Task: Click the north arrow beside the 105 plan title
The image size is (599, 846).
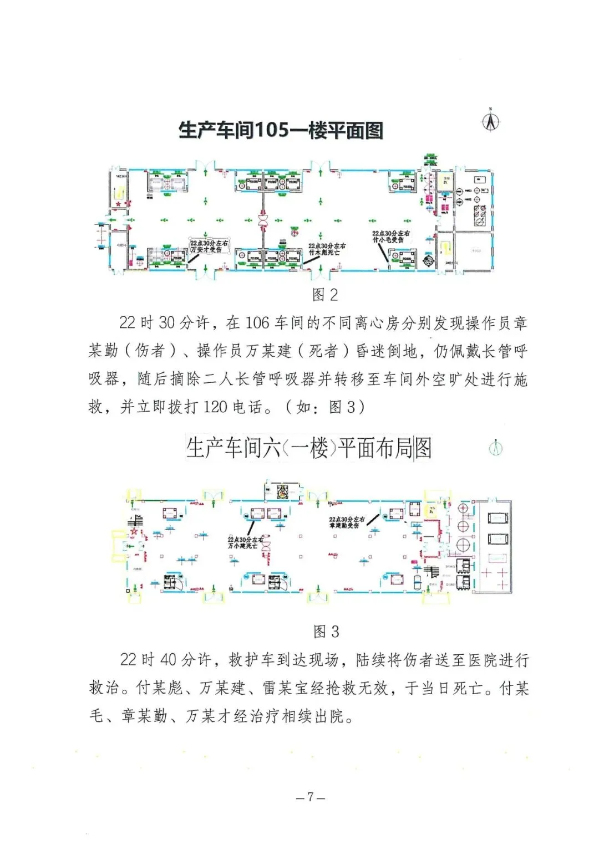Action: coord(490,121)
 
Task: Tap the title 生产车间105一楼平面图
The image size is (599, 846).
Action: coord(281,131)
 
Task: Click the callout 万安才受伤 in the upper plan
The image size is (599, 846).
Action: coord(209,247)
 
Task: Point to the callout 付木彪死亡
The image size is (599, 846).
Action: coord(327,249)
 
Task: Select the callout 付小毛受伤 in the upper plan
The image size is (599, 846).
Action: coord(391,237)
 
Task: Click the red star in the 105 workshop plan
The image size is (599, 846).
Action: coord(119,204)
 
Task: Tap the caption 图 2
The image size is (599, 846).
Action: coord(325,295)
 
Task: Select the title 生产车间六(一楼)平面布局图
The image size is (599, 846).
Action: coord(308,448)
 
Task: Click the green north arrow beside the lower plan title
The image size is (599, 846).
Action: coord(496,448)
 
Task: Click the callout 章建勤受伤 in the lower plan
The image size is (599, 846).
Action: coord(347,522)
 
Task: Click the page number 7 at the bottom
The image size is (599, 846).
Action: coord(311,797)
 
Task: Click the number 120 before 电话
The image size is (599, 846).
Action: coord(216,407)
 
